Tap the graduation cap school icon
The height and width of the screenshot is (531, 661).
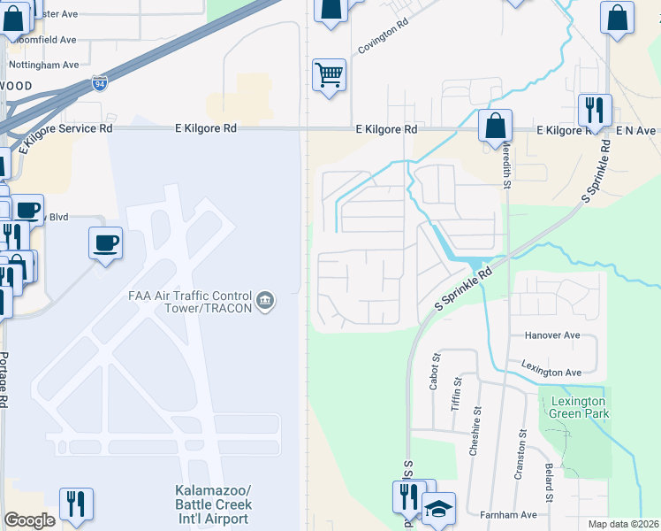pos(438,509)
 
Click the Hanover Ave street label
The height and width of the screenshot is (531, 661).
pos(551,336)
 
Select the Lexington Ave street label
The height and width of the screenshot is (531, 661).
pos(551,373)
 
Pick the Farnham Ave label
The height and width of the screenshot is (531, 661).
pos(508,514)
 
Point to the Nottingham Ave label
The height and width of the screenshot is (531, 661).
pos(44,65)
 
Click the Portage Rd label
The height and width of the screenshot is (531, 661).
pos(4,379)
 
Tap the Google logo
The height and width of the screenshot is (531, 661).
pos(29,520)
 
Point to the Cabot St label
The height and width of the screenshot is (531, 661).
pos(435,371)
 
